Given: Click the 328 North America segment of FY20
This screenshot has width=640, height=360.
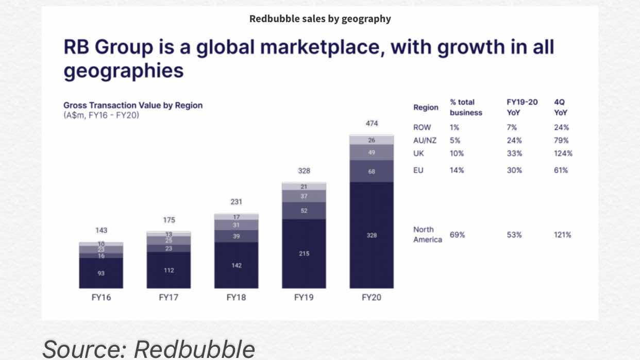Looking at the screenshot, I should click(x=372, y=235).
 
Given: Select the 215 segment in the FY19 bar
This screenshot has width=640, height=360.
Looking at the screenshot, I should click(x=304, y=253).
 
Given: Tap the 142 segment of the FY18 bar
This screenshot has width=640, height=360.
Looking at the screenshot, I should click(x=236, y=265).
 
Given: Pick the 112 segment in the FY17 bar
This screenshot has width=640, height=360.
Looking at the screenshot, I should click(x=169, y=270).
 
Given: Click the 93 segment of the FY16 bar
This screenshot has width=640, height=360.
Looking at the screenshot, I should click(x=101, y=273).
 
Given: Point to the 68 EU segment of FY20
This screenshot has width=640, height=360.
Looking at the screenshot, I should click(x=372, y=172).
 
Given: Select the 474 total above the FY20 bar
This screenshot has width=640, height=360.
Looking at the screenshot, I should click(x=372, y=124).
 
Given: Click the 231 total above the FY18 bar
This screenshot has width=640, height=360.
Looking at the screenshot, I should click(x=236, y=202).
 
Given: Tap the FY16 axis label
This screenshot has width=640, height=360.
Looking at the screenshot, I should click(x=101, y=298).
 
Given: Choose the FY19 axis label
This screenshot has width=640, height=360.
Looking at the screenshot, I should click(x=304, y=298).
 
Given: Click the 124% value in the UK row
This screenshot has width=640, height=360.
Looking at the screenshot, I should click(x=563, y=153).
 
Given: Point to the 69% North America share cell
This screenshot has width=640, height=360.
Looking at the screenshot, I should click(x=457, y=235).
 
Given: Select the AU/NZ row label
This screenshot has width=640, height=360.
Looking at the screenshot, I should click(x=425, y=140).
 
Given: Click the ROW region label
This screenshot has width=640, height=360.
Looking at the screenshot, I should click(x=422, y=127).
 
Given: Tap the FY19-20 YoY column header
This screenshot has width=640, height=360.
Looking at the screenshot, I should click(x=522, y=107).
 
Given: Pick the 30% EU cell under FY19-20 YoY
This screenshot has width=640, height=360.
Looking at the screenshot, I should click(x=514, y=170).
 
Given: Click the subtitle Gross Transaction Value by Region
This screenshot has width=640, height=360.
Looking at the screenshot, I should click(x=133, y=105).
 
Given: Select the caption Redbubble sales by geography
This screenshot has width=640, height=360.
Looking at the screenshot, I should click(x=320, y=19).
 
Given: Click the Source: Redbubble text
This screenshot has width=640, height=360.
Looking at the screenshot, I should click(x=148, y=349).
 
